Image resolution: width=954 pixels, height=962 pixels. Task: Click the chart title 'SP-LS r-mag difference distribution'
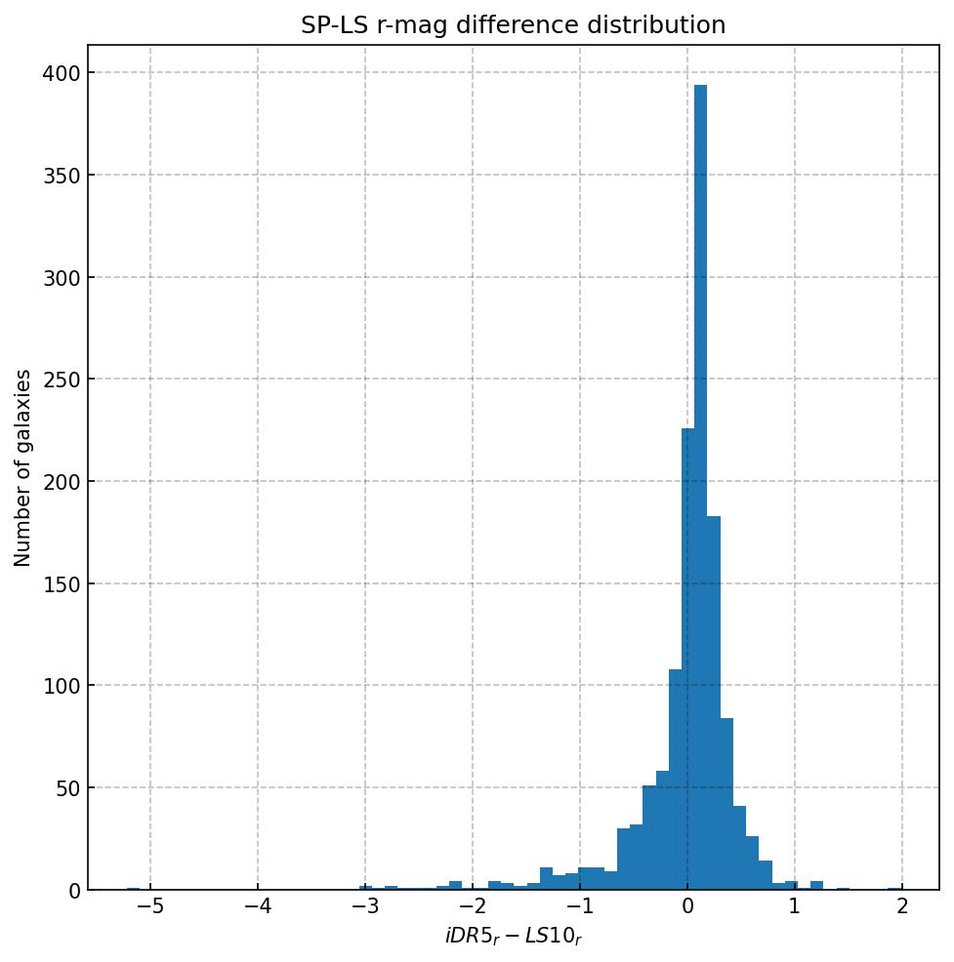pos(513,25)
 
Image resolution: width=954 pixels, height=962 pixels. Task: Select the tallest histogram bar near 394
pos(700,488)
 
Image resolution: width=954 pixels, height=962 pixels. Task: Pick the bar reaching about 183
pos(714,702)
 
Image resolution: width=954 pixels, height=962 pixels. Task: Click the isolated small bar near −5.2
pos(133,888)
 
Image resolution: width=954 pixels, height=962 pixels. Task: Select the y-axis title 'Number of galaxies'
pos(23,467)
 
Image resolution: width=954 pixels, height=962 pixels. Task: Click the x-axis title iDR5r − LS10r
pos(513,938)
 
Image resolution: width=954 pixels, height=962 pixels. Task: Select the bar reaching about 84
pos(726,805)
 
